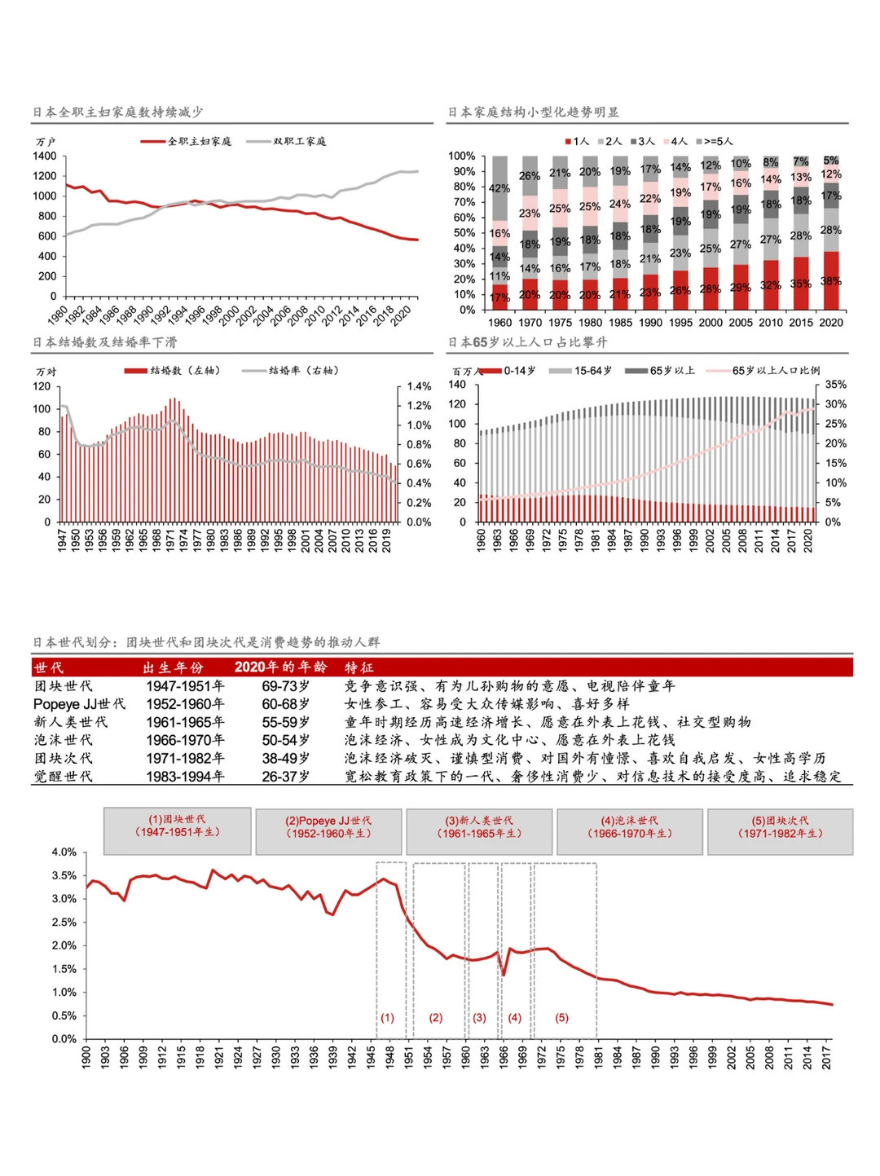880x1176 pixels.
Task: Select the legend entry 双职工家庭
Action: tap(299, 141)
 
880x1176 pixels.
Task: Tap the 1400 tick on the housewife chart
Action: tap(46, 156)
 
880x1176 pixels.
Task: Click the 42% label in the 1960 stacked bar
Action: tap(499, 188)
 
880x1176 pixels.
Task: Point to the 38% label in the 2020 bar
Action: tap(830, 281)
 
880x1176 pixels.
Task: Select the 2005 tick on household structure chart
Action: tap(740, 322)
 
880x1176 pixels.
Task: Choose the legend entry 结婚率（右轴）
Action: tap(303, 370)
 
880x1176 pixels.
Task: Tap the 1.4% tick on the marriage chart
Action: tap(419, 386)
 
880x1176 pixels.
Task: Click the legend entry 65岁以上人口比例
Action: tap(776, 370)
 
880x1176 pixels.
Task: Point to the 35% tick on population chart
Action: tap(836, 384)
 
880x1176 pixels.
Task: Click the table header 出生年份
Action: tap(173, 667)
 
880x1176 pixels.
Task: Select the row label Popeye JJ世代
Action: tap(79, 704)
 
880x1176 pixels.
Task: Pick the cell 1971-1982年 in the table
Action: tap(185, 758)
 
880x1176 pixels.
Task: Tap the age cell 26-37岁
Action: tap(285, 777)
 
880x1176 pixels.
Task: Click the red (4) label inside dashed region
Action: tap(514, 1017)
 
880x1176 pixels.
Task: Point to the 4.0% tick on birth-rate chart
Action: tap(64, 852)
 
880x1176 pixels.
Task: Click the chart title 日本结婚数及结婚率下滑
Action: tap(105, 342)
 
